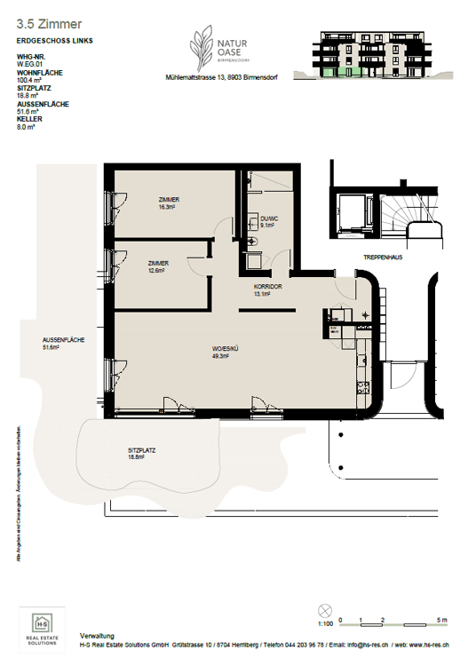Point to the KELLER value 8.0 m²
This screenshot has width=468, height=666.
tap(27, 128)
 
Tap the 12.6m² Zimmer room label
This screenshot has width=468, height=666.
tap(160, 267)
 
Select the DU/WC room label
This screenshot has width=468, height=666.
tap(270, 222)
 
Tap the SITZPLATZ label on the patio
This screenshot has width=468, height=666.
tap(141, 454)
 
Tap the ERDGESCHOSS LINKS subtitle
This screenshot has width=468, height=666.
tap(54, 41)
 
